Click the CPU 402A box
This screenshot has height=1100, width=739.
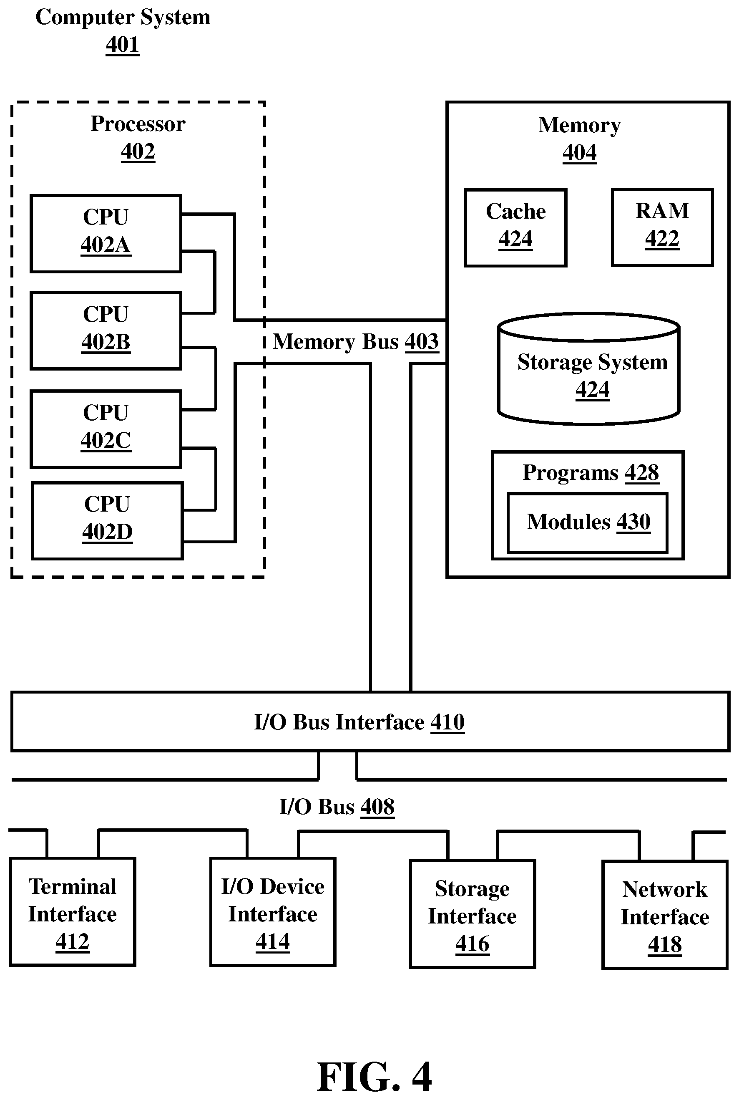[x=106, y=233]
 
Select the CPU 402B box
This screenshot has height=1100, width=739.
[x=106, y=331]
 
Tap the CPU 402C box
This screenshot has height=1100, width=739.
[x=106, y=429]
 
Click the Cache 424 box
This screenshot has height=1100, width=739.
[x=515, y=228]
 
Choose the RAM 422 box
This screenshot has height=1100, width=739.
[x=662, y=227]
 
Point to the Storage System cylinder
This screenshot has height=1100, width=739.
[x=588, y=369]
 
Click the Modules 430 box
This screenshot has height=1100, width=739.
[x=588, y=522]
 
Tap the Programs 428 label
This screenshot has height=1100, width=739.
[x=591, y=472]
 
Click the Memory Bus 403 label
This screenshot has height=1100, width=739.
[x=356, y=341]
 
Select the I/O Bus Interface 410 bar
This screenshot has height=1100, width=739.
[x=370, y=722]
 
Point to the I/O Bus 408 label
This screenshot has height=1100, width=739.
[x=337, y=807]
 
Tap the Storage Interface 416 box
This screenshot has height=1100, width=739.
[x=473, y=914]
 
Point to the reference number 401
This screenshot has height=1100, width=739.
[x=123, y=45]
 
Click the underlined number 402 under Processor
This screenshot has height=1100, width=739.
[x=138, y=151]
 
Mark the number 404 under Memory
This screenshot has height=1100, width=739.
[x=580, y=152]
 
